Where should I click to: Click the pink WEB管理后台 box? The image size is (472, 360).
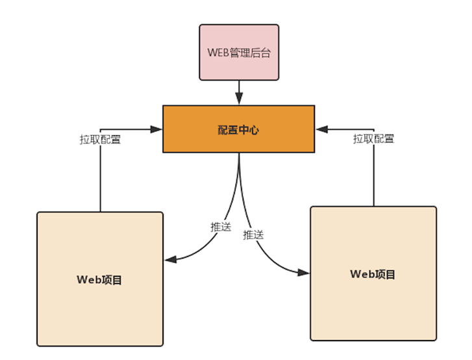[x=239, y=52]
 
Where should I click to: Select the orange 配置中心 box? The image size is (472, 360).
[x=238, y=129]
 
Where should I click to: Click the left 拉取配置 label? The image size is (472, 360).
[x=99, y=139]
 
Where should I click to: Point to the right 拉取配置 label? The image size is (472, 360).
[x=373, y=138]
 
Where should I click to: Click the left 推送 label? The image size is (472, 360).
[x=221, y=227]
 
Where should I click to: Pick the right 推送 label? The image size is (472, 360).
[x=253, y=234]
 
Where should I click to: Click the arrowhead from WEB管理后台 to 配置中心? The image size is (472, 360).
[x=239, y=99]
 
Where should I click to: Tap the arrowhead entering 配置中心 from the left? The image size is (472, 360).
[x=156, y=129]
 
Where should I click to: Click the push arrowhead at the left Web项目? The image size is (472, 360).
[x=170, y=260]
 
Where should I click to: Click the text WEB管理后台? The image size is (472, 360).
[x=239, y=53]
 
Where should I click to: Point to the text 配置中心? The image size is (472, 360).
[x=238, y=129]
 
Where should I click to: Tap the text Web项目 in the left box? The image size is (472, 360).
[x=99, y=279]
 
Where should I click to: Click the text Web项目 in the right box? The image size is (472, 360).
[x=373, y=274]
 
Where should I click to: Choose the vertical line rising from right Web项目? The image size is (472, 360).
[x=374, y=169]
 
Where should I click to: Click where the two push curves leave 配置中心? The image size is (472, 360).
[x=239, y=156]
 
